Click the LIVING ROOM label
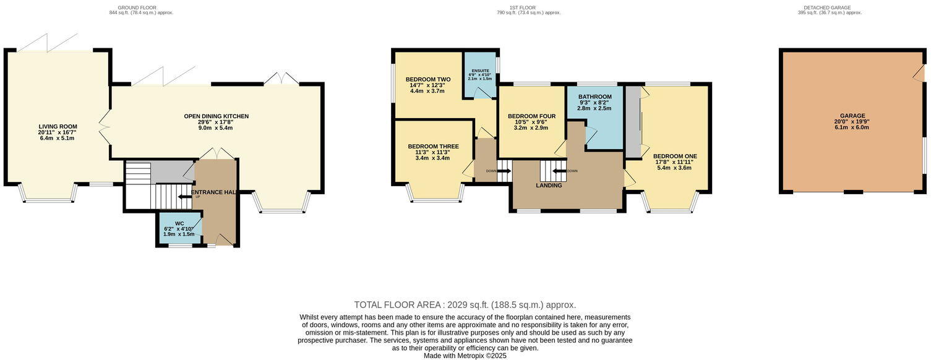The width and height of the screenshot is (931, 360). (58, 127)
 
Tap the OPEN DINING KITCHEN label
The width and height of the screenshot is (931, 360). (216, 116)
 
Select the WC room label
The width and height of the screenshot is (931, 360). (179, 223)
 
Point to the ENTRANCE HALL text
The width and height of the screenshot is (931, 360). (214, 192)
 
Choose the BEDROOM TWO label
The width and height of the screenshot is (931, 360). (427, 80)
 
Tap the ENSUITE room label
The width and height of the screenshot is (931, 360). (480, 71)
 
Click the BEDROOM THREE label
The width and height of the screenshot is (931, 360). (433, 147)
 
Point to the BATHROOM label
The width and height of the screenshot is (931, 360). (594, 97)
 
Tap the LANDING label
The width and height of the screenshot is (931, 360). (549, 186)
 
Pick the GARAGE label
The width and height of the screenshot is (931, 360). (852, 116)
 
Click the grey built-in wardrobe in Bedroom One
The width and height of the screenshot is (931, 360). (633, 122)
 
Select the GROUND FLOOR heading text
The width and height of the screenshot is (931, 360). (137, 7)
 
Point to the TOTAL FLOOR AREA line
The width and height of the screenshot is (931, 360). (465, 305)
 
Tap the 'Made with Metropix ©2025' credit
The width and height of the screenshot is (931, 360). (465, 356)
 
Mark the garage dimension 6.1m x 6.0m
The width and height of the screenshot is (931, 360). (852, 127)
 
